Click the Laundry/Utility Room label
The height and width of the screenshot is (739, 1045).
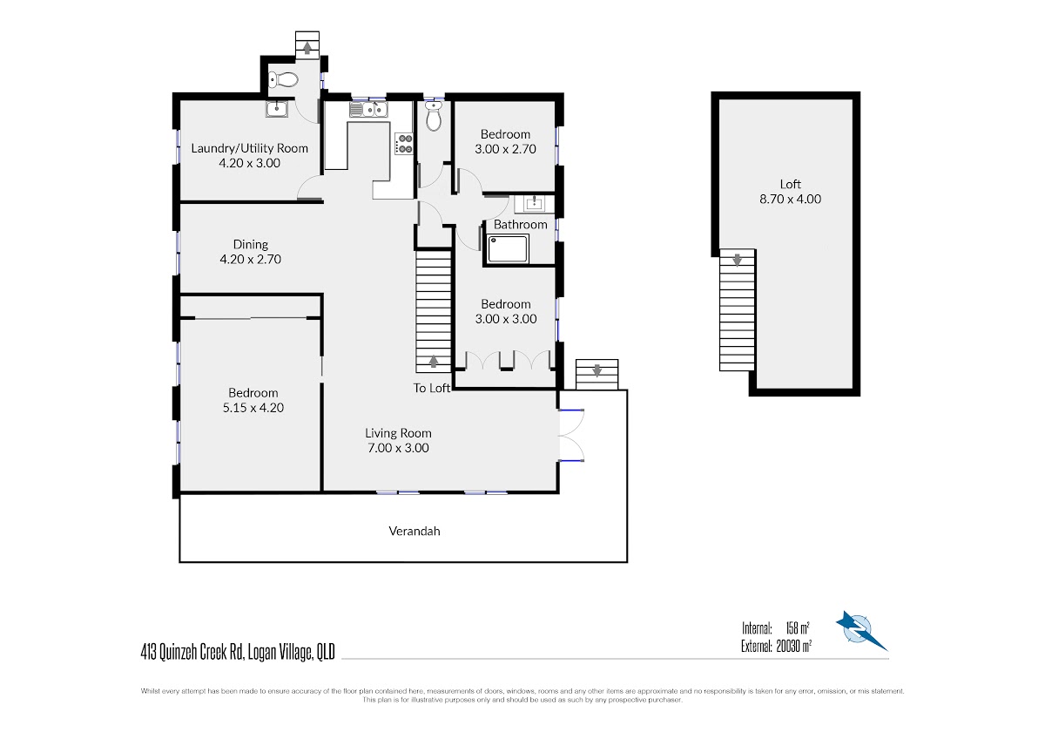coord(250,148)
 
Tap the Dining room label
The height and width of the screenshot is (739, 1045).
coord(251,244)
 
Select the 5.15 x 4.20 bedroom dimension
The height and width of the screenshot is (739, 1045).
coord(253,408)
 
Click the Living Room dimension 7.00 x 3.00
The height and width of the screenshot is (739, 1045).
coord(399,448)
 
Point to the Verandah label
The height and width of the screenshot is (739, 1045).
coord(415,531)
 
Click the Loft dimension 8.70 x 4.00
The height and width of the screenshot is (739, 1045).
coord(791,199)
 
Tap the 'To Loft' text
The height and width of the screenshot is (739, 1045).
coord(432,388)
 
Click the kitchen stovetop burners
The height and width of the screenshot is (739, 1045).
coord(404,144)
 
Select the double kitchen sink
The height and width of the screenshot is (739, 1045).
coord(369,110)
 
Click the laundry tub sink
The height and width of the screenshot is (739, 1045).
coord(277,109)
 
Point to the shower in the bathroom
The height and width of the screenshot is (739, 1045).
coord(508,249)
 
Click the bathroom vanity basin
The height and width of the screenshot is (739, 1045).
coord(534,203)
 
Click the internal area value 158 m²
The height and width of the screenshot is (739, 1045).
coord(798,628)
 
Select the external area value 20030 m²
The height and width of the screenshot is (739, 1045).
coord(793,646)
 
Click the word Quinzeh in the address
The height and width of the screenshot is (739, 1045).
coord(179,652)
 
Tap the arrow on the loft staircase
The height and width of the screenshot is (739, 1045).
coord(737,260)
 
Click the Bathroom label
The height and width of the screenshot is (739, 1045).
coord(521,225)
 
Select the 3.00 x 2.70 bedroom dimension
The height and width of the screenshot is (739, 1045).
coord(505,149)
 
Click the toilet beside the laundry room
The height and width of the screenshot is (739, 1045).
coord(283,80)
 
